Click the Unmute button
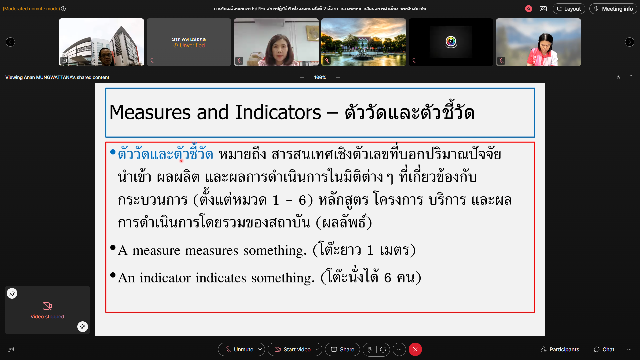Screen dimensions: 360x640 click(x=239, y=349)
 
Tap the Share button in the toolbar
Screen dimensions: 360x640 click(x=342, y=349)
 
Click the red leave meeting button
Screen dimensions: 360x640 click(x=415, y=349)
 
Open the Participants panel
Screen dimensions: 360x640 click(x=560, y=349)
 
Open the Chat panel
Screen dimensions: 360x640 click(x=604, y=349)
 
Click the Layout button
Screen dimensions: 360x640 click(x=569, y=9)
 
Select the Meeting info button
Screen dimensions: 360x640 click(x=613, y=9)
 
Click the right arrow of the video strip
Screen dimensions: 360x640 click(x=629, y=42)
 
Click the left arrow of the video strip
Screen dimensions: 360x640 click(x=10, y=42)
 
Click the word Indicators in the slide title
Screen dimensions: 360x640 click(x=278, y=112)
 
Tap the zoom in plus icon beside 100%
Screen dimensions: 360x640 click(x=338, y=77)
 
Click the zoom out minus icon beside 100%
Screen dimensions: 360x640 click(x=302, y=77)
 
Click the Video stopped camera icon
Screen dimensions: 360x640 click(x=47, y=306)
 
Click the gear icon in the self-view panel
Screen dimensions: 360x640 click(x=83, y=327)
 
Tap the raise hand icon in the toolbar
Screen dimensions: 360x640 click(x=370, y=349)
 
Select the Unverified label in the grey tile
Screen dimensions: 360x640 click(x=192, y=46)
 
